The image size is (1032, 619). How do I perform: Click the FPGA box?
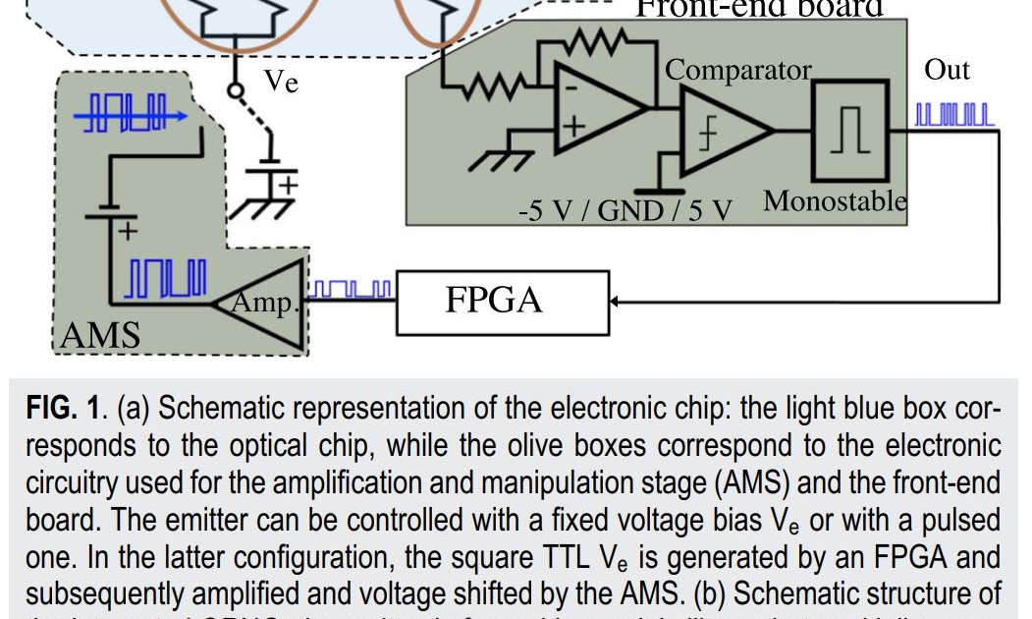coord(497,301)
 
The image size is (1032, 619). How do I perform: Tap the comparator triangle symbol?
coord(722,130)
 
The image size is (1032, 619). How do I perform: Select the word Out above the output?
coord(947,71)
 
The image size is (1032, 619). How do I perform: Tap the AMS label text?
coord(100,337)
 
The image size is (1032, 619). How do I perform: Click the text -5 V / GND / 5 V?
coord(626,211)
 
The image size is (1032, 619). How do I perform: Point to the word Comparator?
coord(738,71)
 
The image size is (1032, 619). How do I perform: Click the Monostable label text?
coord(835,201)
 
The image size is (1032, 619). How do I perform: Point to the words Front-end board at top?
coord(759,8)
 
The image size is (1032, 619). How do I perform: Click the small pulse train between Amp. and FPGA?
coord(351,290)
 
